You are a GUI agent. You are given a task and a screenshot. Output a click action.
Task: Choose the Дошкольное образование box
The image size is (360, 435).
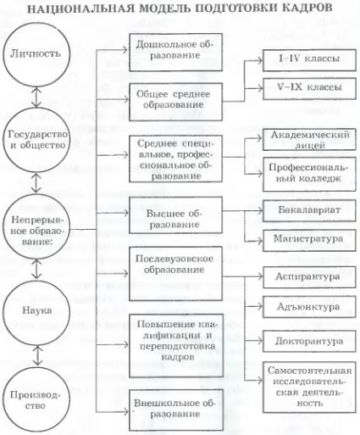click(175, 53)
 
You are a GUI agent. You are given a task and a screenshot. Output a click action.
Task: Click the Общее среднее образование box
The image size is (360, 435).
click(175, 102)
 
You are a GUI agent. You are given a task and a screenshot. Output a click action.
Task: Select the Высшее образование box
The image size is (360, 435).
click(175, 215)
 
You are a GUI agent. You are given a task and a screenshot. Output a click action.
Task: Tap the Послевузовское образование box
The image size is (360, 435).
click(175, 273)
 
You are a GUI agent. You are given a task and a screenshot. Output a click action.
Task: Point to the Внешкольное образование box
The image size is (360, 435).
click(175, 410)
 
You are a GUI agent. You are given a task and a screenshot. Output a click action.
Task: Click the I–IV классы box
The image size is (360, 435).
click(309, 60)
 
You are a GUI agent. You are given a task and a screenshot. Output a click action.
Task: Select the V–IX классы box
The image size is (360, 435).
click(309, 89)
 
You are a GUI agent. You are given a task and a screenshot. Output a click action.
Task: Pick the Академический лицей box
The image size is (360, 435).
click(309, 140)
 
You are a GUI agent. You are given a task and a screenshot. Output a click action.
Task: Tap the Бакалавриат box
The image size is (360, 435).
click(309, 211)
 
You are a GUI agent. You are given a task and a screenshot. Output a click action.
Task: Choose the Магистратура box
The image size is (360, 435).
click(309, 240)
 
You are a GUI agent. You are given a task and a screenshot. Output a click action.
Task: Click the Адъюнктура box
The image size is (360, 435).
click(309, 307)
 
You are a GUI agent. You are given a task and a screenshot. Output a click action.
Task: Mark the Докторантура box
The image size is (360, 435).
click(309, 341)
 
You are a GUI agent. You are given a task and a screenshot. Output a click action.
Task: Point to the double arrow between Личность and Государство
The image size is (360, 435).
click(36, 98)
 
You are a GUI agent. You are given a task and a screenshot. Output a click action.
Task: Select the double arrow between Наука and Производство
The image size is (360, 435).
click(37, 355)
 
